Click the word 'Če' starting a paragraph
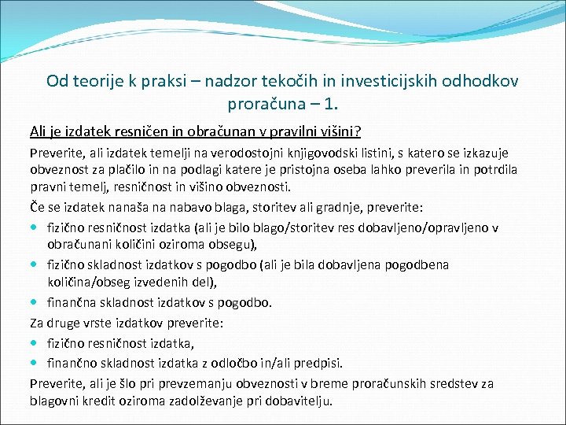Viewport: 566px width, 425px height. point(37,209)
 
